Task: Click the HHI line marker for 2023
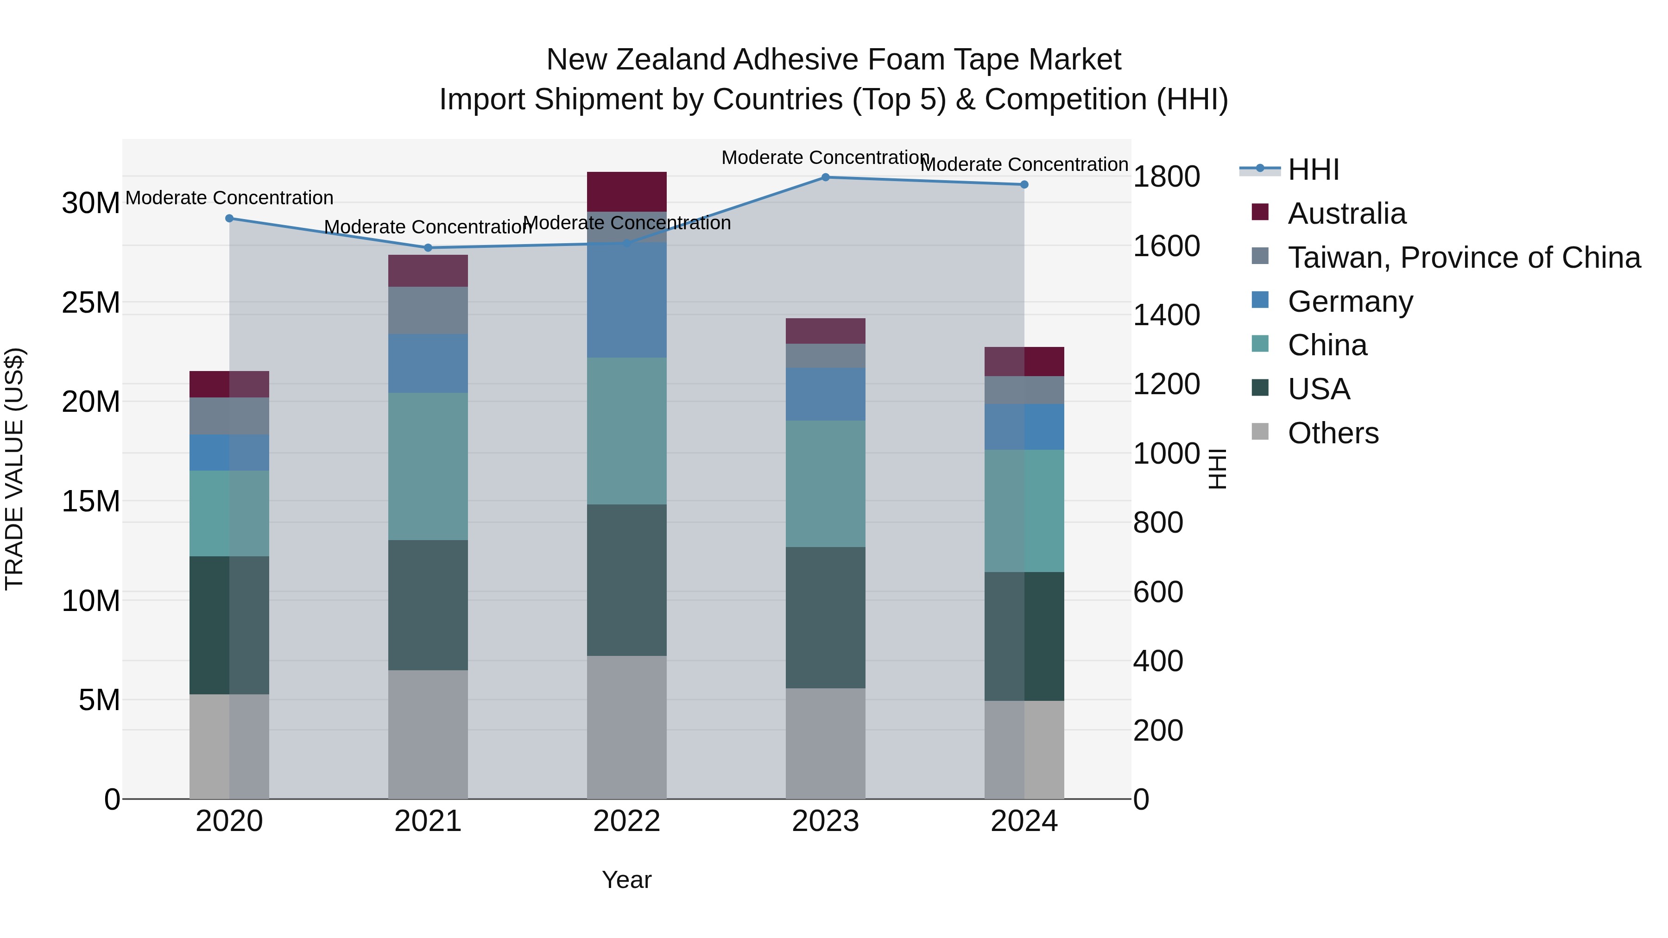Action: [826, 177]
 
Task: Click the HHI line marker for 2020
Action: [229, 219]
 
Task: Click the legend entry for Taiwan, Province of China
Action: [1463, 258]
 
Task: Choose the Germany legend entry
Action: [1350, 302]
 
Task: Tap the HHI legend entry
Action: [1313, 170]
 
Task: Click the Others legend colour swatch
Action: [1260, 432]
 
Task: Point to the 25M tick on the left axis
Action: [91, 303]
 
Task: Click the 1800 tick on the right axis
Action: [1166, 177]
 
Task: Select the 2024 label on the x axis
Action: [1024, 821]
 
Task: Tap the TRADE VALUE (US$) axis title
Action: [14, 469]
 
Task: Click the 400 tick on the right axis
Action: [1158, 661]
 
